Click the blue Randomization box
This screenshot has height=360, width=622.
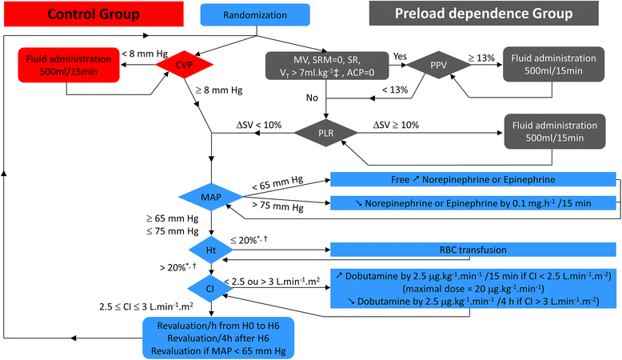click(x=255, y=15)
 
